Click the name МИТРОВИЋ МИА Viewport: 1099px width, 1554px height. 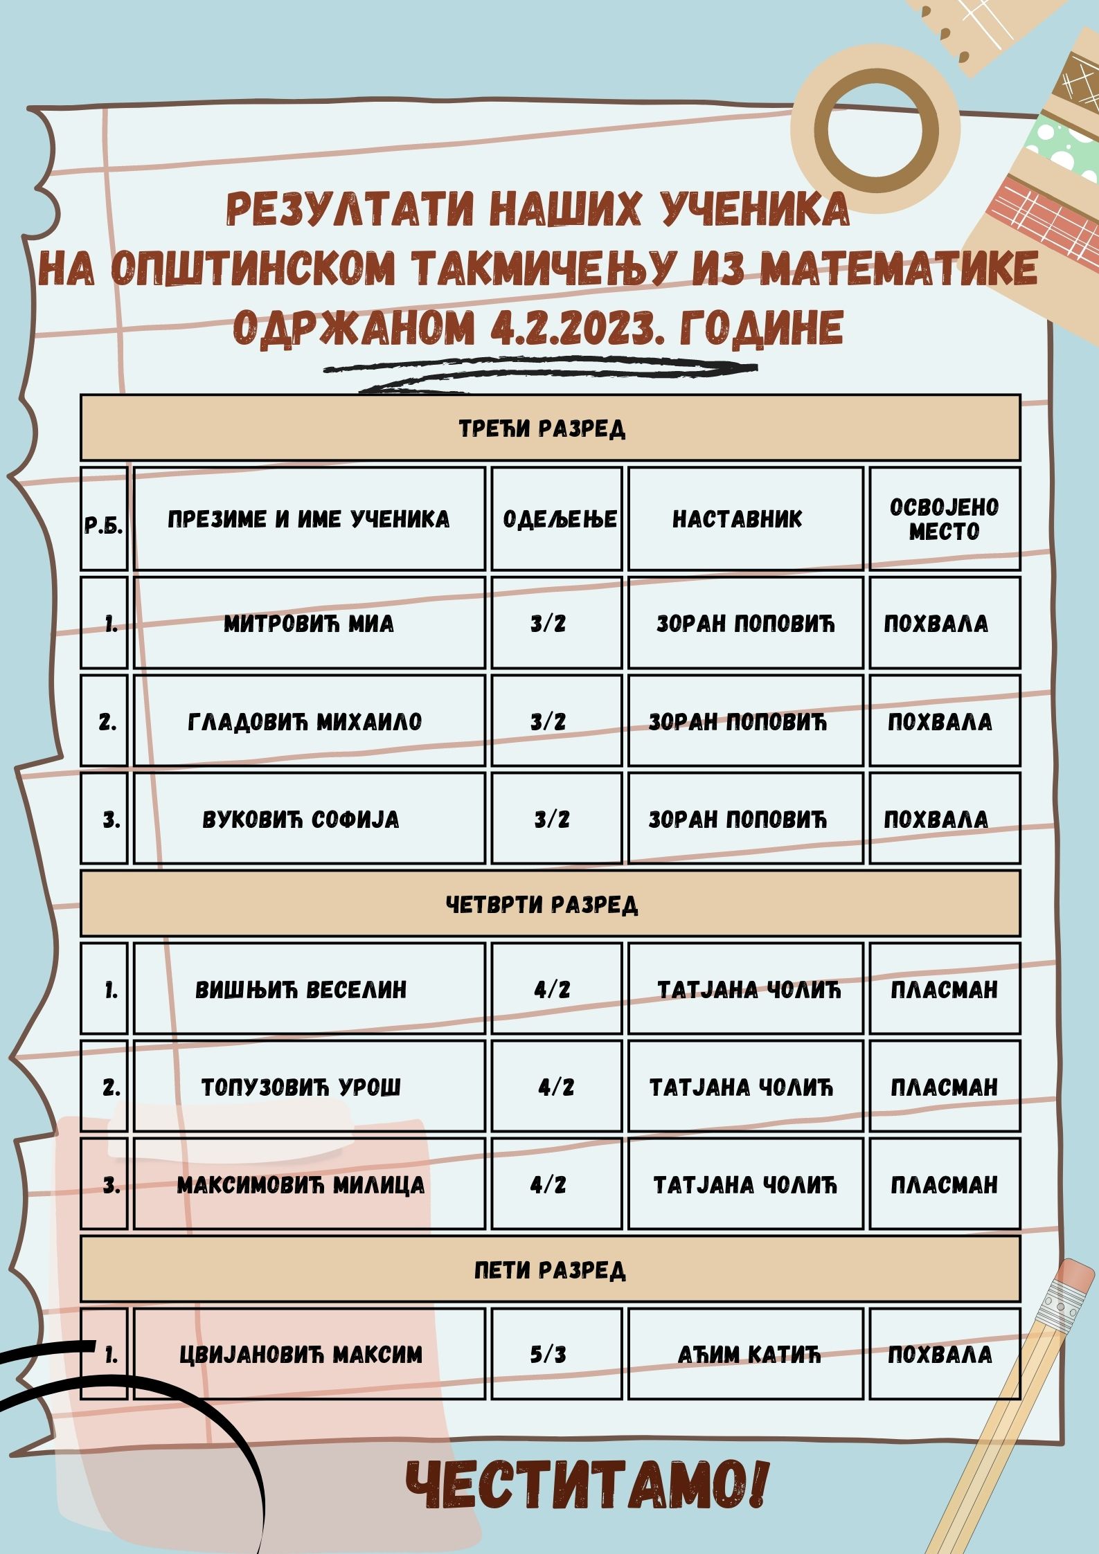tap(308, 624)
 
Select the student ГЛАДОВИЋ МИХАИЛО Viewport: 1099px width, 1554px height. tap(305, 722)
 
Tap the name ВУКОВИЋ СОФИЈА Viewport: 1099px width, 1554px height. tap(301, 820)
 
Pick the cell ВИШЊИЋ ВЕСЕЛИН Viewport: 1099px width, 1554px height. tap(301, 989)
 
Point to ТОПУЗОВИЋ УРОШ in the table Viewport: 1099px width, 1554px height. tap(301, 1087)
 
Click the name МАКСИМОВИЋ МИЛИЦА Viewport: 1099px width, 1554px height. tap(301, 1185)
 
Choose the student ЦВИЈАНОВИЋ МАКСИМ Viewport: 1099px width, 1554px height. tap(301, 1354)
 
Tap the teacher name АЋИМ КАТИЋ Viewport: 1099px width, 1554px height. tap(749, 1354)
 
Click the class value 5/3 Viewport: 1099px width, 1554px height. tap(548, 1354)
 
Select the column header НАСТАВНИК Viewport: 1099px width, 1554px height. tap(737, 518)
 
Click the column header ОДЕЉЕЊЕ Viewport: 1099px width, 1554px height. tap(560, 518)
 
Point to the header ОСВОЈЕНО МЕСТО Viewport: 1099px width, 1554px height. tap(944, 519)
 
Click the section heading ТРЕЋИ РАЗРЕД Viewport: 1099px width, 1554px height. tap(542, 428)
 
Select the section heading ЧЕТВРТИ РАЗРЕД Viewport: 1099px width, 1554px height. tap(542, 904)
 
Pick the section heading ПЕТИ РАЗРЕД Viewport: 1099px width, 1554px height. tap(550, 1270)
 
